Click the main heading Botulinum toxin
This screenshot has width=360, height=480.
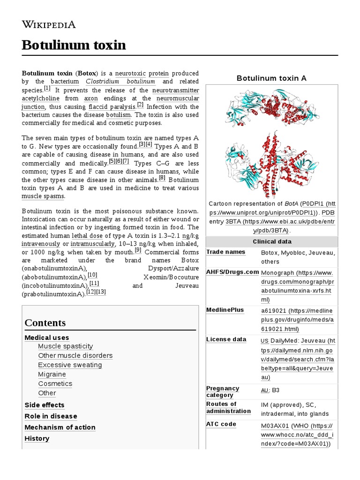coord(74,45)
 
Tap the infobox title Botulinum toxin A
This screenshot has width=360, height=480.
coord(271,78)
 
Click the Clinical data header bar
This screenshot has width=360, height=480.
coord(271,241)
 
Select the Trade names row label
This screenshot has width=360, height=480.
coord(226,252)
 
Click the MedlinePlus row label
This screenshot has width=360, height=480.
coord(225,310)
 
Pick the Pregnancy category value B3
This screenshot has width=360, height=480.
coord(276,390)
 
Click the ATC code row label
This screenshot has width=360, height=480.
coord(221,424)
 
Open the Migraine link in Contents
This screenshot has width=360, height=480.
coord(52,375)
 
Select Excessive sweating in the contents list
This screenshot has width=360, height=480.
coord(70,365)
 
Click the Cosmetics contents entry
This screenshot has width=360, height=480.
coord(55,384)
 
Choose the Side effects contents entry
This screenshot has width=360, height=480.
coord(45,405)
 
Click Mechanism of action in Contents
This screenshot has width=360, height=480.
coord(60,427)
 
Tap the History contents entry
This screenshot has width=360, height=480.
coord(37,439)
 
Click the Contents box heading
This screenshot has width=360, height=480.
coord(45,323)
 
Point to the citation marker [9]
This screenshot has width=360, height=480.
coord(138,250)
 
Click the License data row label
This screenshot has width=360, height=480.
coord(226,339)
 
